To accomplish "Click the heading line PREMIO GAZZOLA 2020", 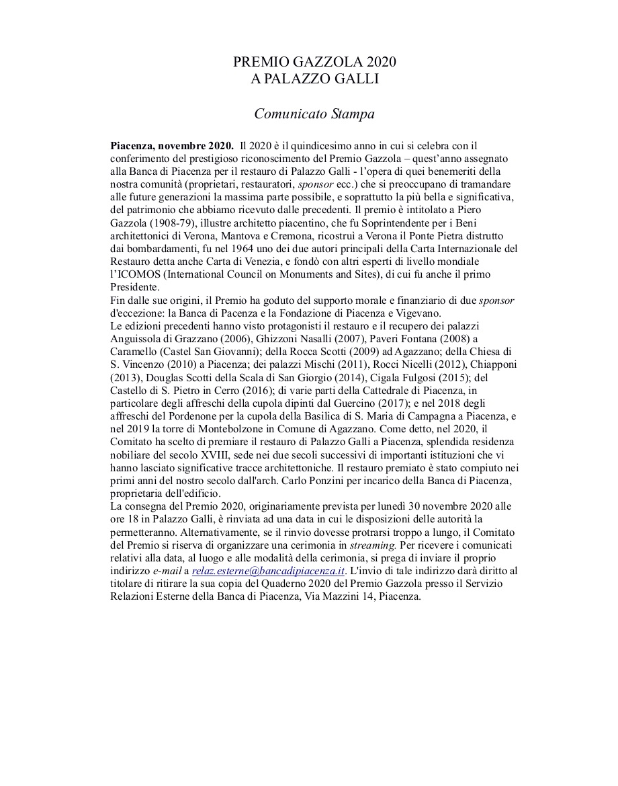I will [314, 63].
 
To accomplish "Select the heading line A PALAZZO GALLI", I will [314, 79].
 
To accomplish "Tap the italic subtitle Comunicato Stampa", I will [314, 114].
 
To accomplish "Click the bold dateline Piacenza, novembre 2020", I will [172, 145].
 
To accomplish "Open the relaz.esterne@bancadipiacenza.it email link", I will [268, 571].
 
